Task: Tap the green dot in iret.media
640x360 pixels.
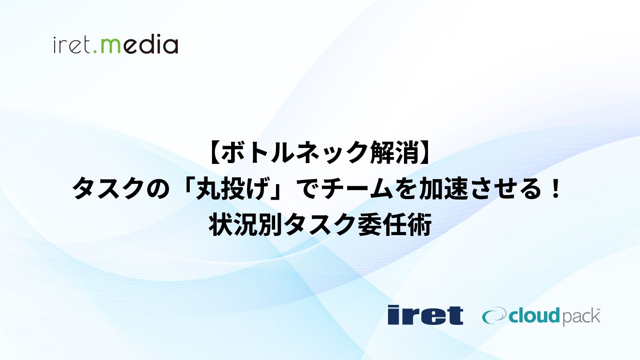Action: (x=95, y=52)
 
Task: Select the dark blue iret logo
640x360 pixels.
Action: (x=425, y=315)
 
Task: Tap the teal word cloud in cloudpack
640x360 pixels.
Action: (x=534, y=316)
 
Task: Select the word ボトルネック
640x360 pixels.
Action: (x=294, y=153)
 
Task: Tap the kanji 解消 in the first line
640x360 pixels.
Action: (x=394, y=153)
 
